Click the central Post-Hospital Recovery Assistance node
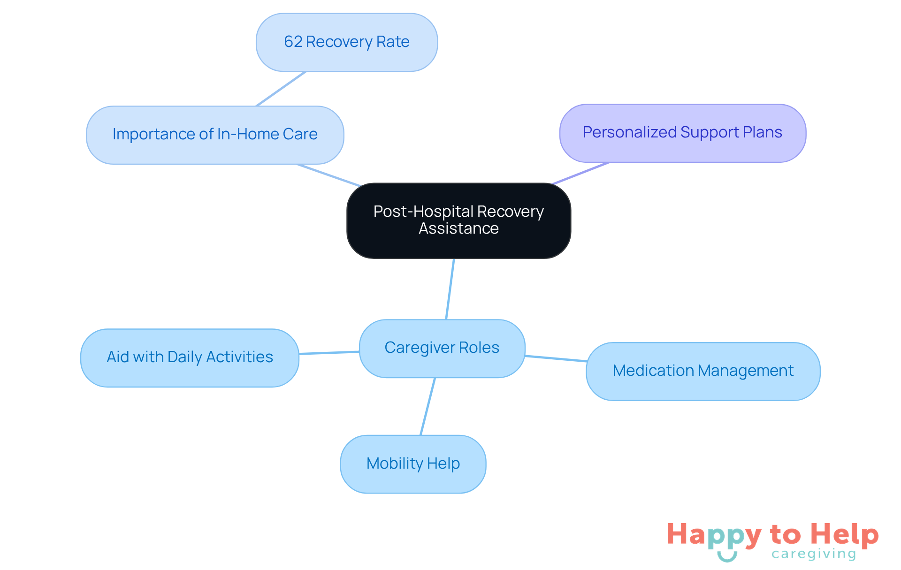pyautogui.click(x=458, y=220)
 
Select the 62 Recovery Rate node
pyautogui.click(x=347, y=42)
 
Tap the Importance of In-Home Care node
pyautogui.click(x=215, y=135)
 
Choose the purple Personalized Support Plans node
pyautogui.click(x=682, y=133)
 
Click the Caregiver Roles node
pyautogui.click(x=442, y=348)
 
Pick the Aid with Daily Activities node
pyautogui.click(x=190, y=357)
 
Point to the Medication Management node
pyautogui.click(x=703, y=371)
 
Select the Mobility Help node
pyautogui.click(x=413, y=464)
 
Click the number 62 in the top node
pyautogui.click(x=293, y=42)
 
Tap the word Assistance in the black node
pyautogui.click(x=458, y=228)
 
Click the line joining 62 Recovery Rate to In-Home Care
pyautogui.click(x=281, y=89)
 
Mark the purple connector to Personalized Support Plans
pyautogui.click(x=581, y=173)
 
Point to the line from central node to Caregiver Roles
pyautogui.click(x=450, y=289)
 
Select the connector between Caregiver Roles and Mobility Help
pyautogui.click(x=428, y=406)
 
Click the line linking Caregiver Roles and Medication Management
pyautogui.click(x=556, y=358)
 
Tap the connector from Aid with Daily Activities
pyautogui.click(x=329, y=352)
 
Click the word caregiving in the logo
pyautogui.click(x=814, y=554)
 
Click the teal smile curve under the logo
pyautogui.click(x=727, y=558)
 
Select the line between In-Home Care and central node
pyautogui.click(x=328, y=175)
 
